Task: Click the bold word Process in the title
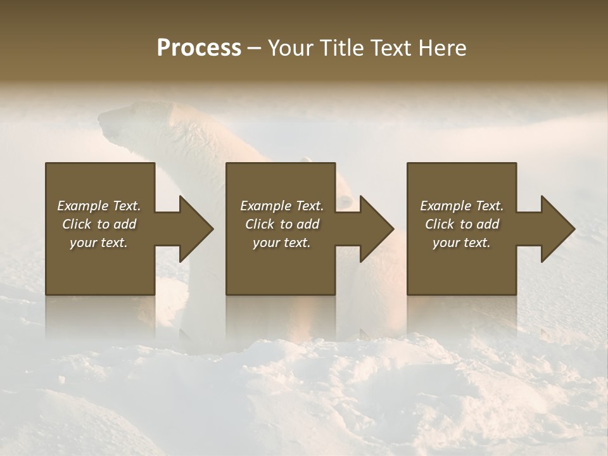click(199, 48)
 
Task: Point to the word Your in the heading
click(291, 48)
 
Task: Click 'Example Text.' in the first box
click(99, 206)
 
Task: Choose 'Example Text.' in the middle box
click(282, 206)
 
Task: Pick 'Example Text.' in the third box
click(462, 206)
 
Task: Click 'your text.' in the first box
click(99, 243)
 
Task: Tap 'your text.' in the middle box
click(282, 243)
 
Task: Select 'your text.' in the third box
click(462, 243)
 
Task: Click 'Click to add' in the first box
click(99, 224)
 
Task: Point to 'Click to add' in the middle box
click(282, 224)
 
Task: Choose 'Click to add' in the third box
click(462, 224)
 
